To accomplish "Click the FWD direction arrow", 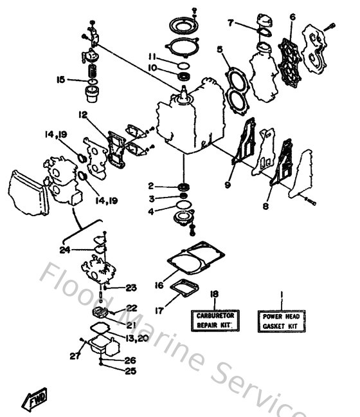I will click(32, 402).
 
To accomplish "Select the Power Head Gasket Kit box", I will click(280, 320).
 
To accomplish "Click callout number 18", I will click(214, 294).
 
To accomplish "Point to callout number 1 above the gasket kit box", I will click(280, 294).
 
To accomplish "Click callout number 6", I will click(292, 17).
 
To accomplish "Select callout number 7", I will click(230, 23).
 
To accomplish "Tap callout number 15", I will click(61, 80).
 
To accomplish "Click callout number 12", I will click(83, 114).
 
